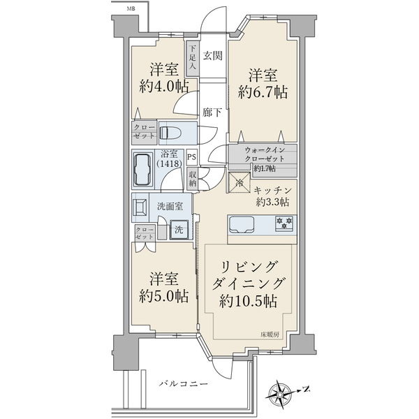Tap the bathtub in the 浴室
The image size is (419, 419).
pos(143,170)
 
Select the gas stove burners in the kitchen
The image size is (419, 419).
pos(285,223)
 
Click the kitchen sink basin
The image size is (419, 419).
pos(242,223)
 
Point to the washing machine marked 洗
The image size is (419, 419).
pos(179,230)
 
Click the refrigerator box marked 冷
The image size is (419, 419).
pos(240,183)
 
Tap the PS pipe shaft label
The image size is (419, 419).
pos(191,157)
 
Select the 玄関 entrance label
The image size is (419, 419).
pos(213,56)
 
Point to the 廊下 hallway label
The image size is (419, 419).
pos(212,112)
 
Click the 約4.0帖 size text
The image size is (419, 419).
pos(164,87)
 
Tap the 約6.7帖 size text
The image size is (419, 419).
pos(263,92)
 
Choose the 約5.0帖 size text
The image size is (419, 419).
pos(164,296)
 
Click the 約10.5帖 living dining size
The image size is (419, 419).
pos(248,301)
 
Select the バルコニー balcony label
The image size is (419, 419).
pos(184,384)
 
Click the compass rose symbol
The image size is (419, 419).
pos(279,395)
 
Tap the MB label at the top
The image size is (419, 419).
pos(131,9)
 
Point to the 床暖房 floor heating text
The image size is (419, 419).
pos(270,335)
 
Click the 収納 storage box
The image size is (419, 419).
pos(193,179)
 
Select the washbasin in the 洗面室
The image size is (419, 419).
pos(140,207)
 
